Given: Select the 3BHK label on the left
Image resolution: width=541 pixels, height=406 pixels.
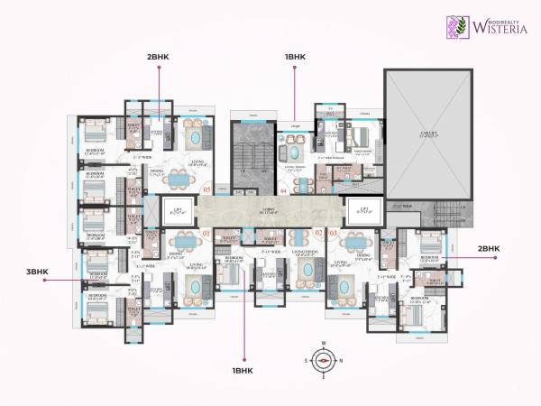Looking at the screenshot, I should [x=36, y=272].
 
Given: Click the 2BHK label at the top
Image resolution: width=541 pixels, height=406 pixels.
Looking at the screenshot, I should [x=159, y=57].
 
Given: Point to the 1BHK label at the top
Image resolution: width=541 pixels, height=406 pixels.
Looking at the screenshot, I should [x=297, y=57].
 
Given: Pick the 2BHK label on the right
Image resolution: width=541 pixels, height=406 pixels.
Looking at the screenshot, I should [x=488, y=248].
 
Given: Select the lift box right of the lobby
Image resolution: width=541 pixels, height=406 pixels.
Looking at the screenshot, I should [x=365, y=209].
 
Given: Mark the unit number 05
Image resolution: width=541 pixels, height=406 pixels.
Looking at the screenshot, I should [x=206, y=190].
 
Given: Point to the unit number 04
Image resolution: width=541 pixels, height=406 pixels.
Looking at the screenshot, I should [x=282, y=191].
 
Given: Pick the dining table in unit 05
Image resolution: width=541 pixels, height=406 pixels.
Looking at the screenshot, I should [x=182, y=180].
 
